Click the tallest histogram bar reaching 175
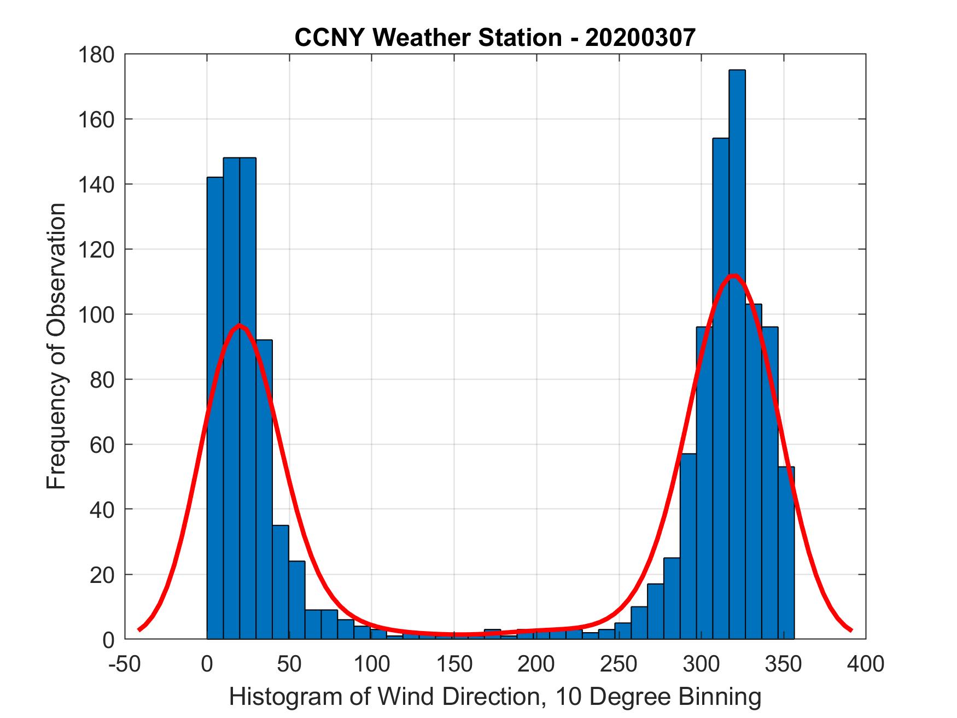tap(737, 355)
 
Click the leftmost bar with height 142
tap(215, 410)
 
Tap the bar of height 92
tap(264, 492)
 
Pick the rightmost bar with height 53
tap(786, 552)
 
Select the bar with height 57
tap(688, 547)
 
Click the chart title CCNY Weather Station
tap(427, 38)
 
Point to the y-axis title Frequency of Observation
tap(57, 346)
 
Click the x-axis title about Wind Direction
tap(495, 697)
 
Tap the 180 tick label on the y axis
tap(96, 55)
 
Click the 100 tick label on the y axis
tap(96, 314)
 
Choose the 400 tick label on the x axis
tap(866, 664)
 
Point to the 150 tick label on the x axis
tap(454, 664)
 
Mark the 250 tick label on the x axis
tap(619, 664)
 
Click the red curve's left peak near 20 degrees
tap(240, 326)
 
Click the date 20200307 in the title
tap(640, 38)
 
